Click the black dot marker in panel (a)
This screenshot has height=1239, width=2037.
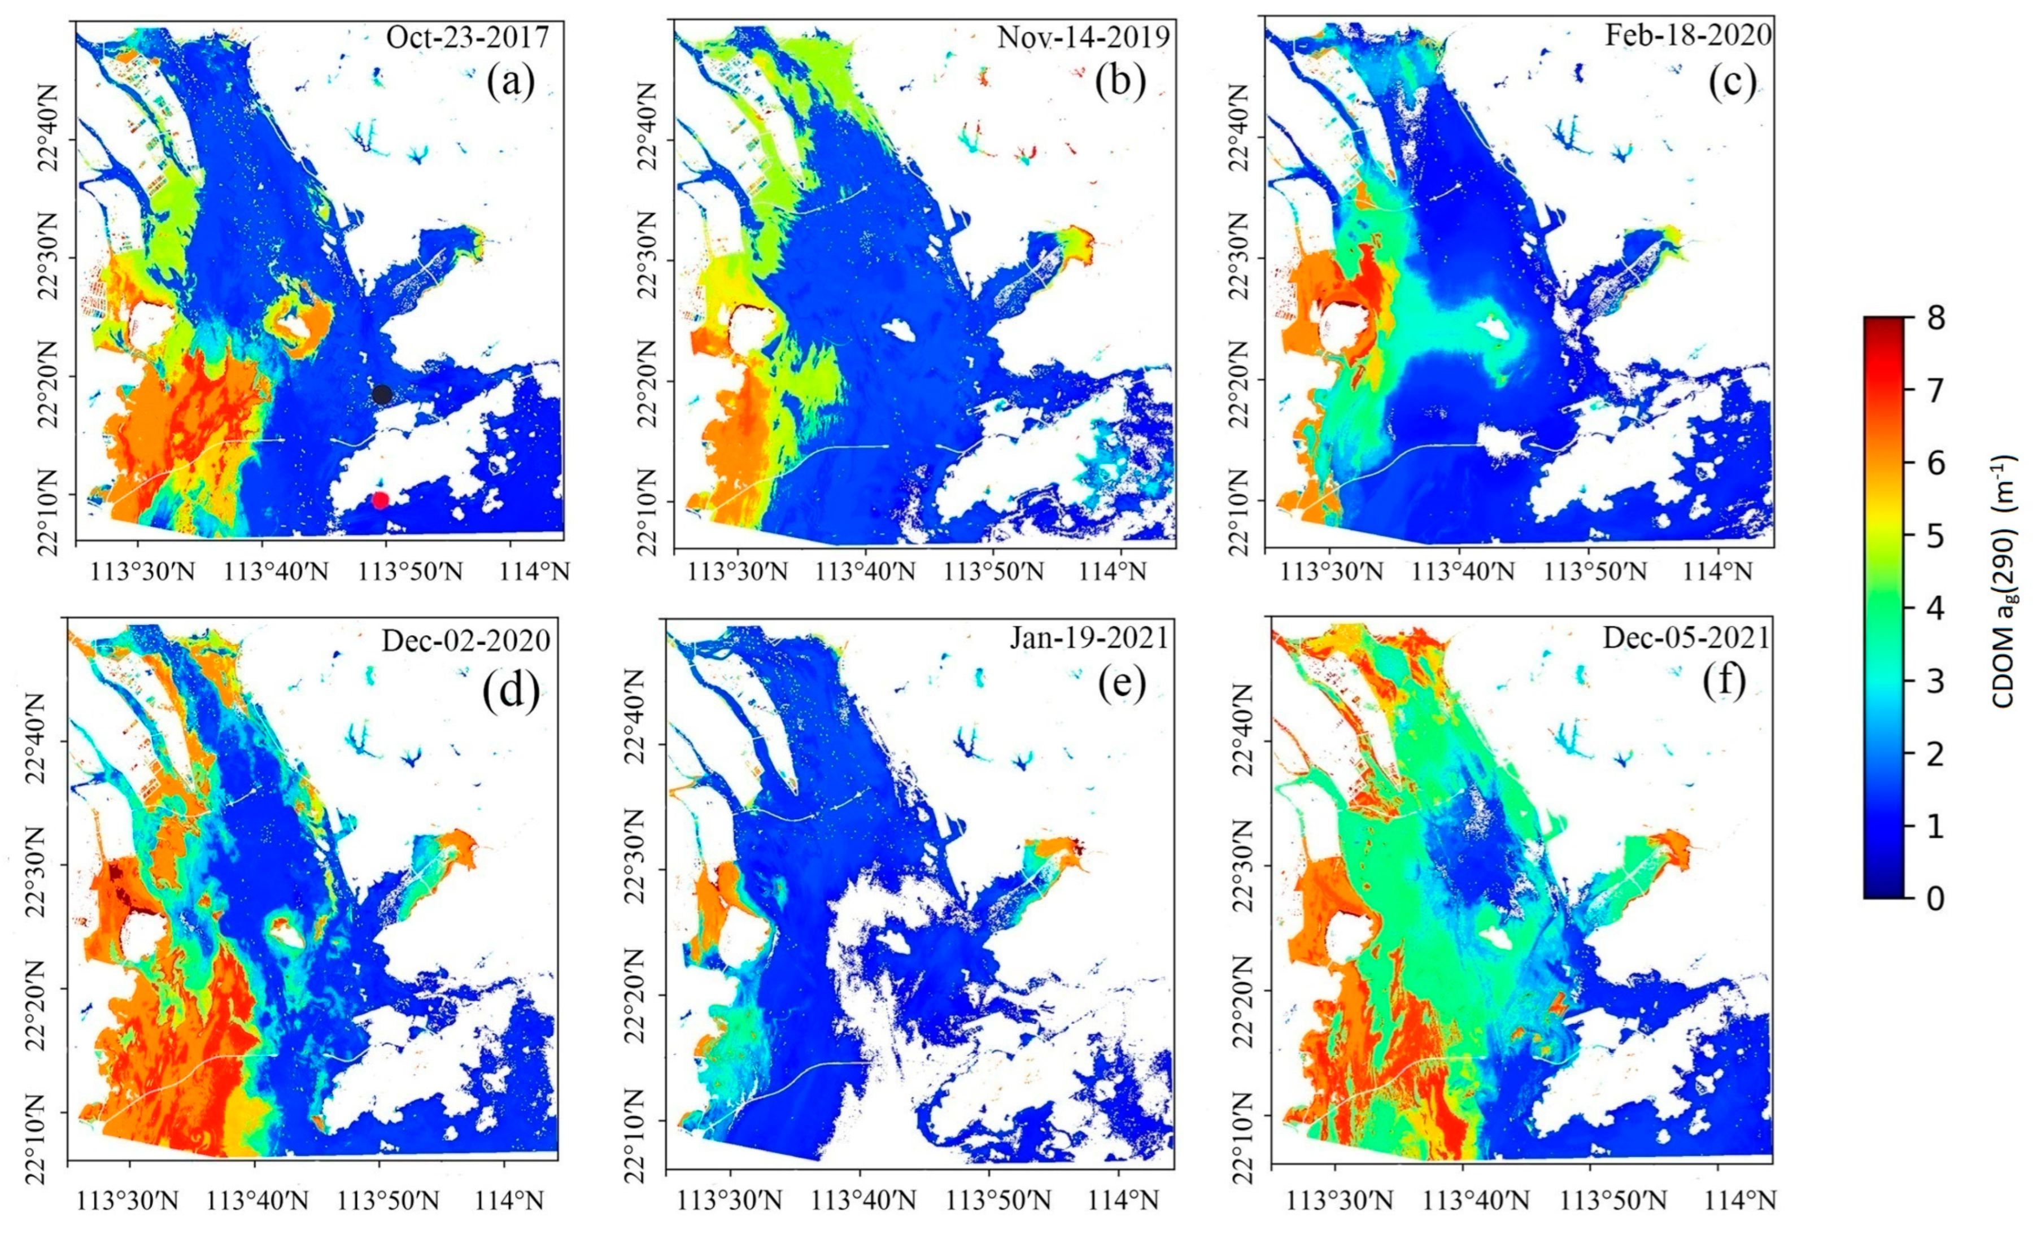click(x=381, y=394)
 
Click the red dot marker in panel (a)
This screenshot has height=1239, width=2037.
click(x=380, y=499)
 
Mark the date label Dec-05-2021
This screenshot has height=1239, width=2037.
click(x=1686, y=638)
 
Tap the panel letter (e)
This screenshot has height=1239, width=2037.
click(x=1122, y=683)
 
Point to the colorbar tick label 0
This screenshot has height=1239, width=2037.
click(x=1934, y=898)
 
